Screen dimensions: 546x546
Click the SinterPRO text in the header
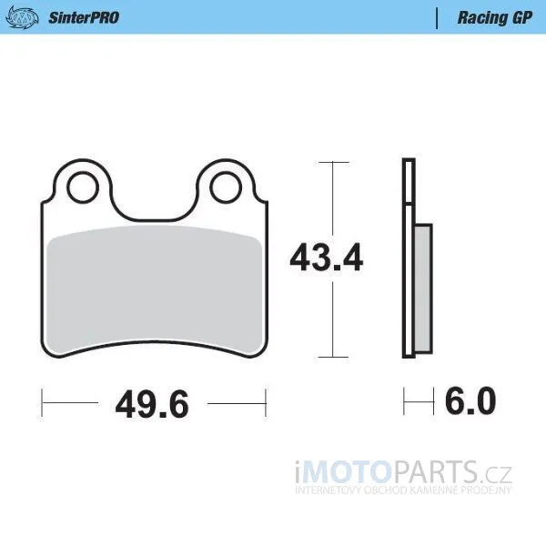pyautogui.click(x=84, y=18)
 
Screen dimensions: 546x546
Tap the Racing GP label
pyautogui.click(x=494, y=18)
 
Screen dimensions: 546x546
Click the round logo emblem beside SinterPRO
pyautogui.click(x=22, y=16)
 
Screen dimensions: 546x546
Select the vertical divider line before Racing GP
pyautogui.click(x=437, y=18)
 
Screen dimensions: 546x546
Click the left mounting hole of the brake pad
pyautogui.click(x=83, y=187)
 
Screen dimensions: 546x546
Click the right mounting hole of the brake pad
pyautogui.click(x=226, y=187)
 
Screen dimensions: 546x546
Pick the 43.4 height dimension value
pyautogui.click(x=327, y=258)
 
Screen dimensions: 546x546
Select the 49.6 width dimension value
pyautogui.click(x=152, y=404)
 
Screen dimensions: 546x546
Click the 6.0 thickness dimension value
pyautogui.click(x=470, y=400)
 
